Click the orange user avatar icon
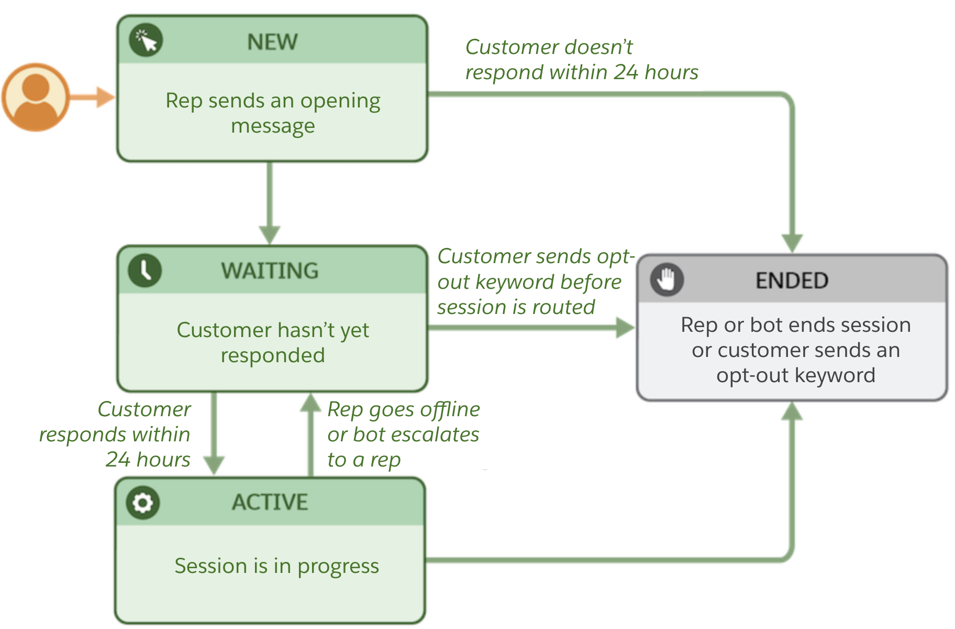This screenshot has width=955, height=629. tap(36, 97)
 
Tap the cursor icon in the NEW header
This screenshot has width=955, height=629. tap(146, 40)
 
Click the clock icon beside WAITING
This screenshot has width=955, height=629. tap(145, 270)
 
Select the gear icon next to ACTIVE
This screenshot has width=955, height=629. tap(142, 503)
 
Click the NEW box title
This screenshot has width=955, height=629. tap(272, 42)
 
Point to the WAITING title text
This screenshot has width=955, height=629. tap(270, 271)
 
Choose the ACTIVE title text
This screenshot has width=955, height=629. tap(270, 502)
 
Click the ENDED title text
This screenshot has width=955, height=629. tap(792, 281)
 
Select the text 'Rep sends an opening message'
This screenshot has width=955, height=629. tap(273, 113)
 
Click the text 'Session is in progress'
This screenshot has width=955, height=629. tap(276, 566)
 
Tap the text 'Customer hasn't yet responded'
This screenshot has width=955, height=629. tap(273, 342)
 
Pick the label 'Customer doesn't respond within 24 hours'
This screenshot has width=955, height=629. tap(581, 60)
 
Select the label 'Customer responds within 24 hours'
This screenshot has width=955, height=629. tap(120, 434)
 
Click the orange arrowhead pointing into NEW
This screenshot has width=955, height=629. tap(106, 97)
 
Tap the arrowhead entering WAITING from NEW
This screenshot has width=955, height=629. tap(270, 235)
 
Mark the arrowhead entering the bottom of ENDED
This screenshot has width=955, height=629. tap(792, 412)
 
